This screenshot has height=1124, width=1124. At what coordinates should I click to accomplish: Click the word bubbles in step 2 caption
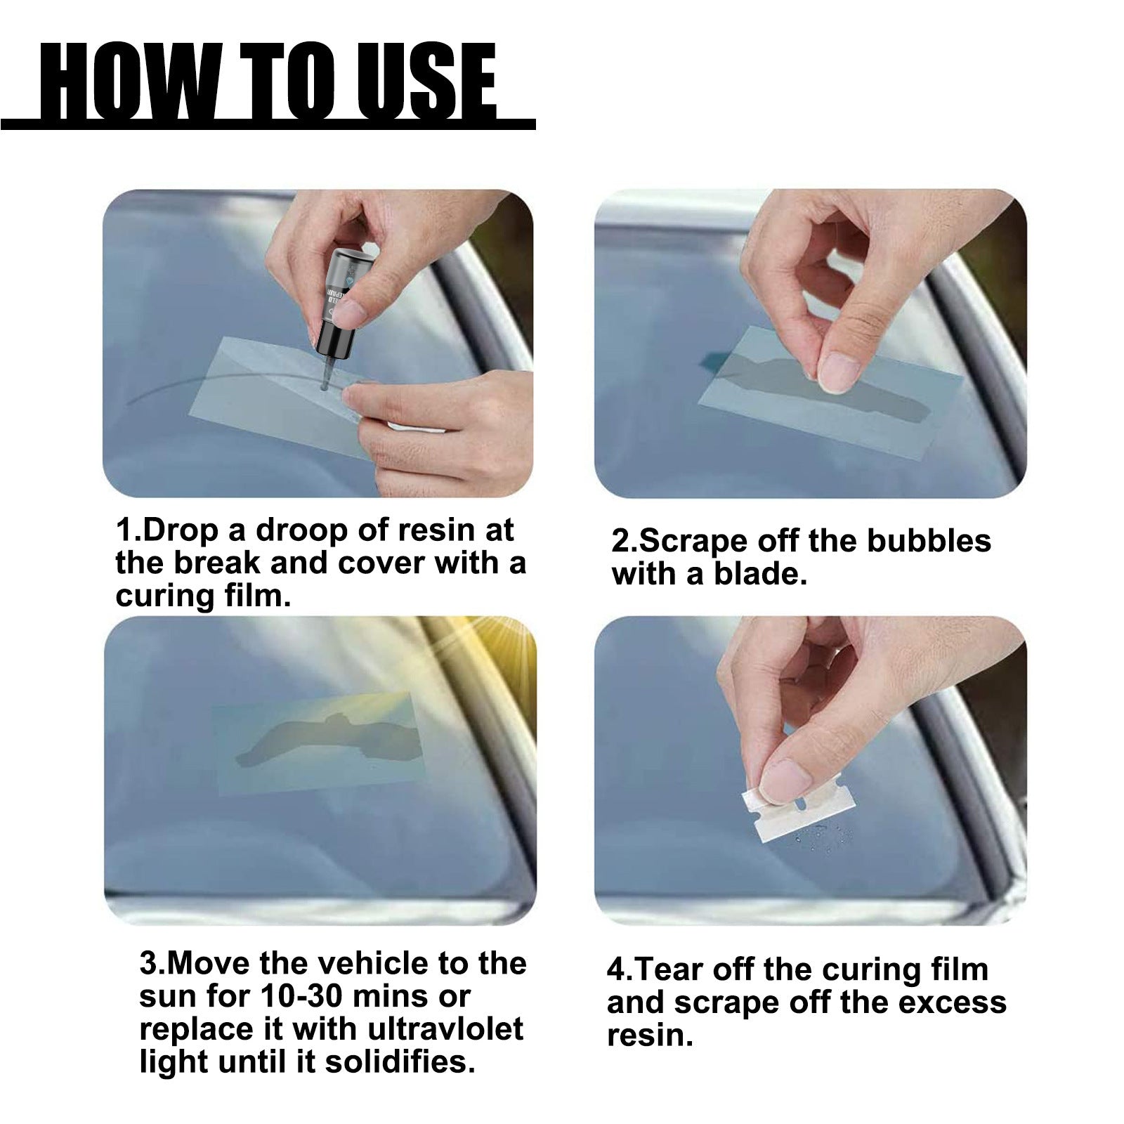pyautogui.click(x=928, y=540)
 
